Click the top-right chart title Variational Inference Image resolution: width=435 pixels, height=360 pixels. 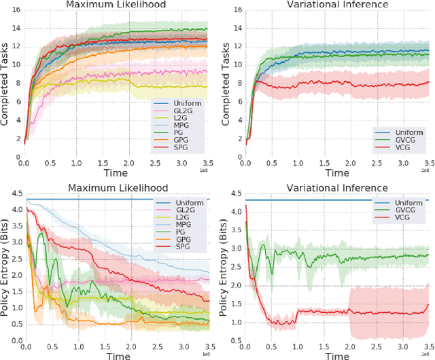[x=338, y=5]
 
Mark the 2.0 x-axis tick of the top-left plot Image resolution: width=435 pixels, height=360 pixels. [x=130, y=164]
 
